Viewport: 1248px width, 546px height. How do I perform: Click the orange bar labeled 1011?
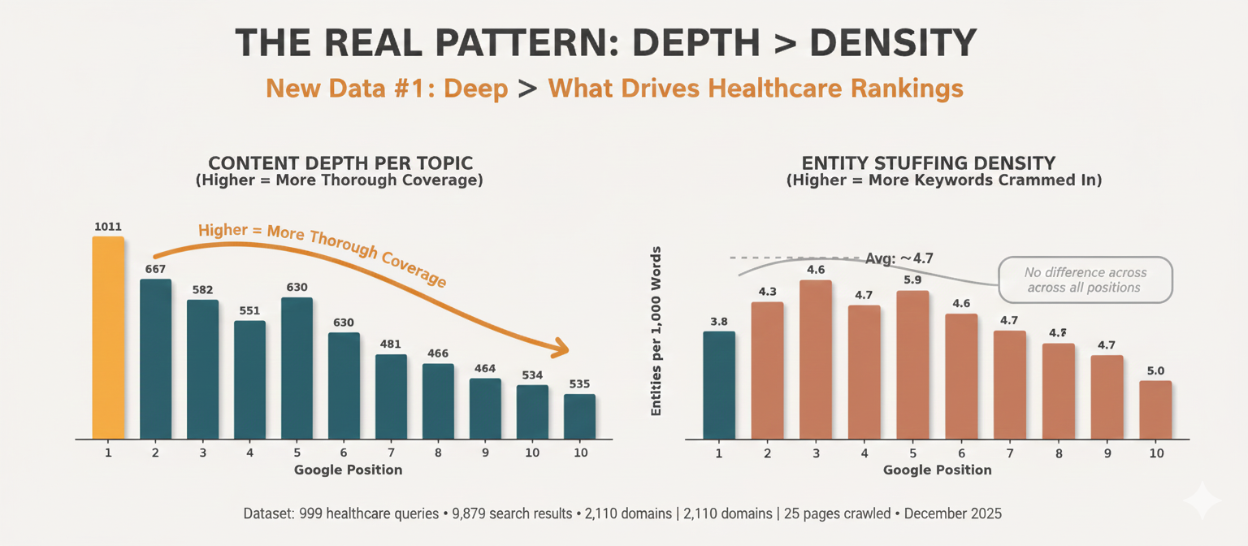click(x=108, y=337)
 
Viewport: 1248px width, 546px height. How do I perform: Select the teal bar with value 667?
click(x=155, y=358)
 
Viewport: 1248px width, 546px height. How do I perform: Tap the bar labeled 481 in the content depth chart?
click(x=391, y=396)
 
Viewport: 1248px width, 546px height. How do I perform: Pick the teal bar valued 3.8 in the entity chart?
click(x=719, y=384)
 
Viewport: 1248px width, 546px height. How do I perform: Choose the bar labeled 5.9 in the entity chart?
click(x=912, y=364)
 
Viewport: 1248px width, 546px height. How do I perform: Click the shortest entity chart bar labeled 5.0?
click(x=1155, y=409)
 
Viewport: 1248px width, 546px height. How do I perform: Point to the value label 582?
click(x=202, y=289)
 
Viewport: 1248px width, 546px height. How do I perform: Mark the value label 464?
click(x=485, y=368)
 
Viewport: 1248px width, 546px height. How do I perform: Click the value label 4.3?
click(x=767, y=291)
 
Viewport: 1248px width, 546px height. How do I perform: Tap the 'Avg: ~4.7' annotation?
click(x=899, y=258)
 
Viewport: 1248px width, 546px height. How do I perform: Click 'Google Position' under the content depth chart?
click(x=348, y=470)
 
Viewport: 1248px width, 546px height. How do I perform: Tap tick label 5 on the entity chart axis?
click(x=913, y=453)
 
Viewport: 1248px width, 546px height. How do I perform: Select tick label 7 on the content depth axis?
click(x=391, y=453)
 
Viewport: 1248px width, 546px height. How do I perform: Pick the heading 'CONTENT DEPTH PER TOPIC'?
click(x=340, y=162)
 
